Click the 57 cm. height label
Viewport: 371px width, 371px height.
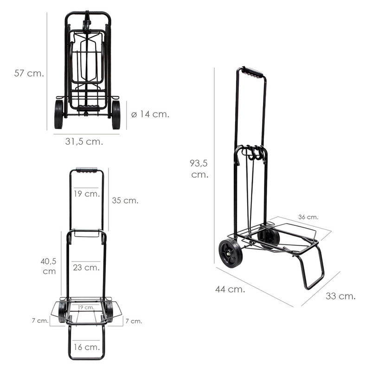coord(29,73)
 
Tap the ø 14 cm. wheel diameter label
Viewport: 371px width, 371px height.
coord(150,114)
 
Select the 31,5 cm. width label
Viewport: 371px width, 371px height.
coord(84,141)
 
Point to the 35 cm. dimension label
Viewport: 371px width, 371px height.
coord(125,200)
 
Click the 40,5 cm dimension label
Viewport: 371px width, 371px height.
coord(49,266)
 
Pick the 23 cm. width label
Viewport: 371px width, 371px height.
coord(86,268)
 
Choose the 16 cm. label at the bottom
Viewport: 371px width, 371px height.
coord(87,347)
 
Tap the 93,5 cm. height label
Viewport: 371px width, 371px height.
coord(199,169)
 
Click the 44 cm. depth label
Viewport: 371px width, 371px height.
coord(230,289)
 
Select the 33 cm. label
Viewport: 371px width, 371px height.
coord(340,296)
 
